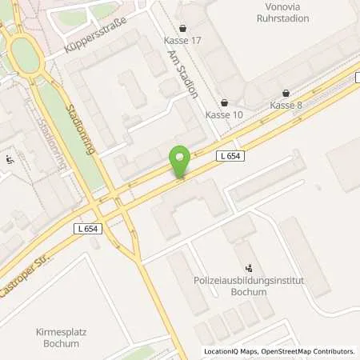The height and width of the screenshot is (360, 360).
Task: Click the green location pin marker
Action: (x=181, y=162)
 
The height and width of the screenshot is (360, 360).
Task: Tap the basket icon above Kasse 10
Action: (x=223, y=102)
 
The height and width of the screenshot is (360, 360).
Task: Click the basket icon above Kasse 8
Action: (x=286, y=92)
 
